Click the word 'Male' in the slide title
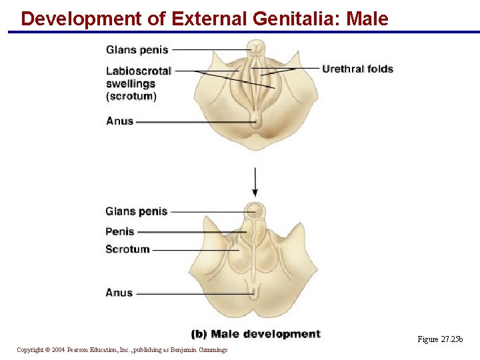[367, 19]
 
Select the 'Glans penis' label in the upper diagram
[137, 50]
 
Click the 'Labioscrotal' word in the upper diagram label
[139, 71]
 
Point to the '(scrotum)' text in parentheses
[131, 96]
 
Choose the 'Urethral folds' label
[357, 69]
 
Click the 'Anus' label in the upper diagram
[120, 121]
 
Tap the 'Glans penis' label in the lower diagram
[136, 212]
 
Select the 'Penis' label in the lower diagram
[120, 232]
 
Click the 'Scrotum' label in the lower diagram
[127, 249]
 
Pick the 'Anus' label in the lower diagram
[119, 293]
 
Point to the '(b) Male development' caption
[255, 334]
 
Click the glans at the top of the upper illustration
[255, 48]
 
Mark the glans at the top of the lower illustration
[253, 211]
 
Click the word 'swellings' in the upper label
[131, 83]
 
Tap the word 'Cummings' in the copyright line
[212, 350]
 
